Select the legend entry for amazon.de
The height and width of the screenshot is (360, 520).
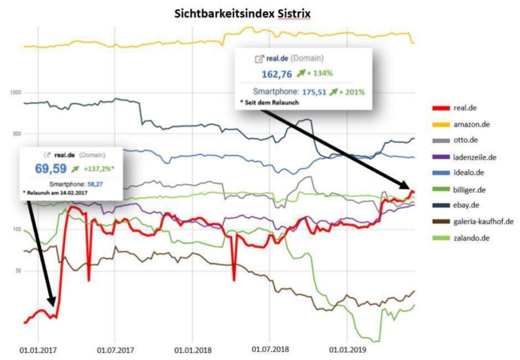pos(471,124)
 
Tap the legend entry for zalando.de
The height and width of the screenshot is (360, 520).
pos(471,238)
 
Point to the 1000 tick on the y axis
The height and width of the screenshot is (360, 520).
pos(16,92)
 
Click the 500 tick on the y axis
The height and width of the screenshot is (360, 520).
pos(17,134)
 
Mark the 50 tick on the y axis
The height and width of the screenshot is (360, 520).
pos(18,270)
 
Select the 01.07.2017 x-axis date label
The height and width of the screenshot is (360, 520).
pos(116,350)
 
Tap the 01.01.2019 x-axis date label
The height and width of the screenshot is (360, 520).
pos(347,350)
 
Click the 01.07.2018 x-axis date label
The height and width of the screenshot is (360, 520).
pos(270,350)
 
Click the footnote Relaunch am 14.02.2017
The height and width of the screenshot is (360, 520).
pos(56,193)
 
